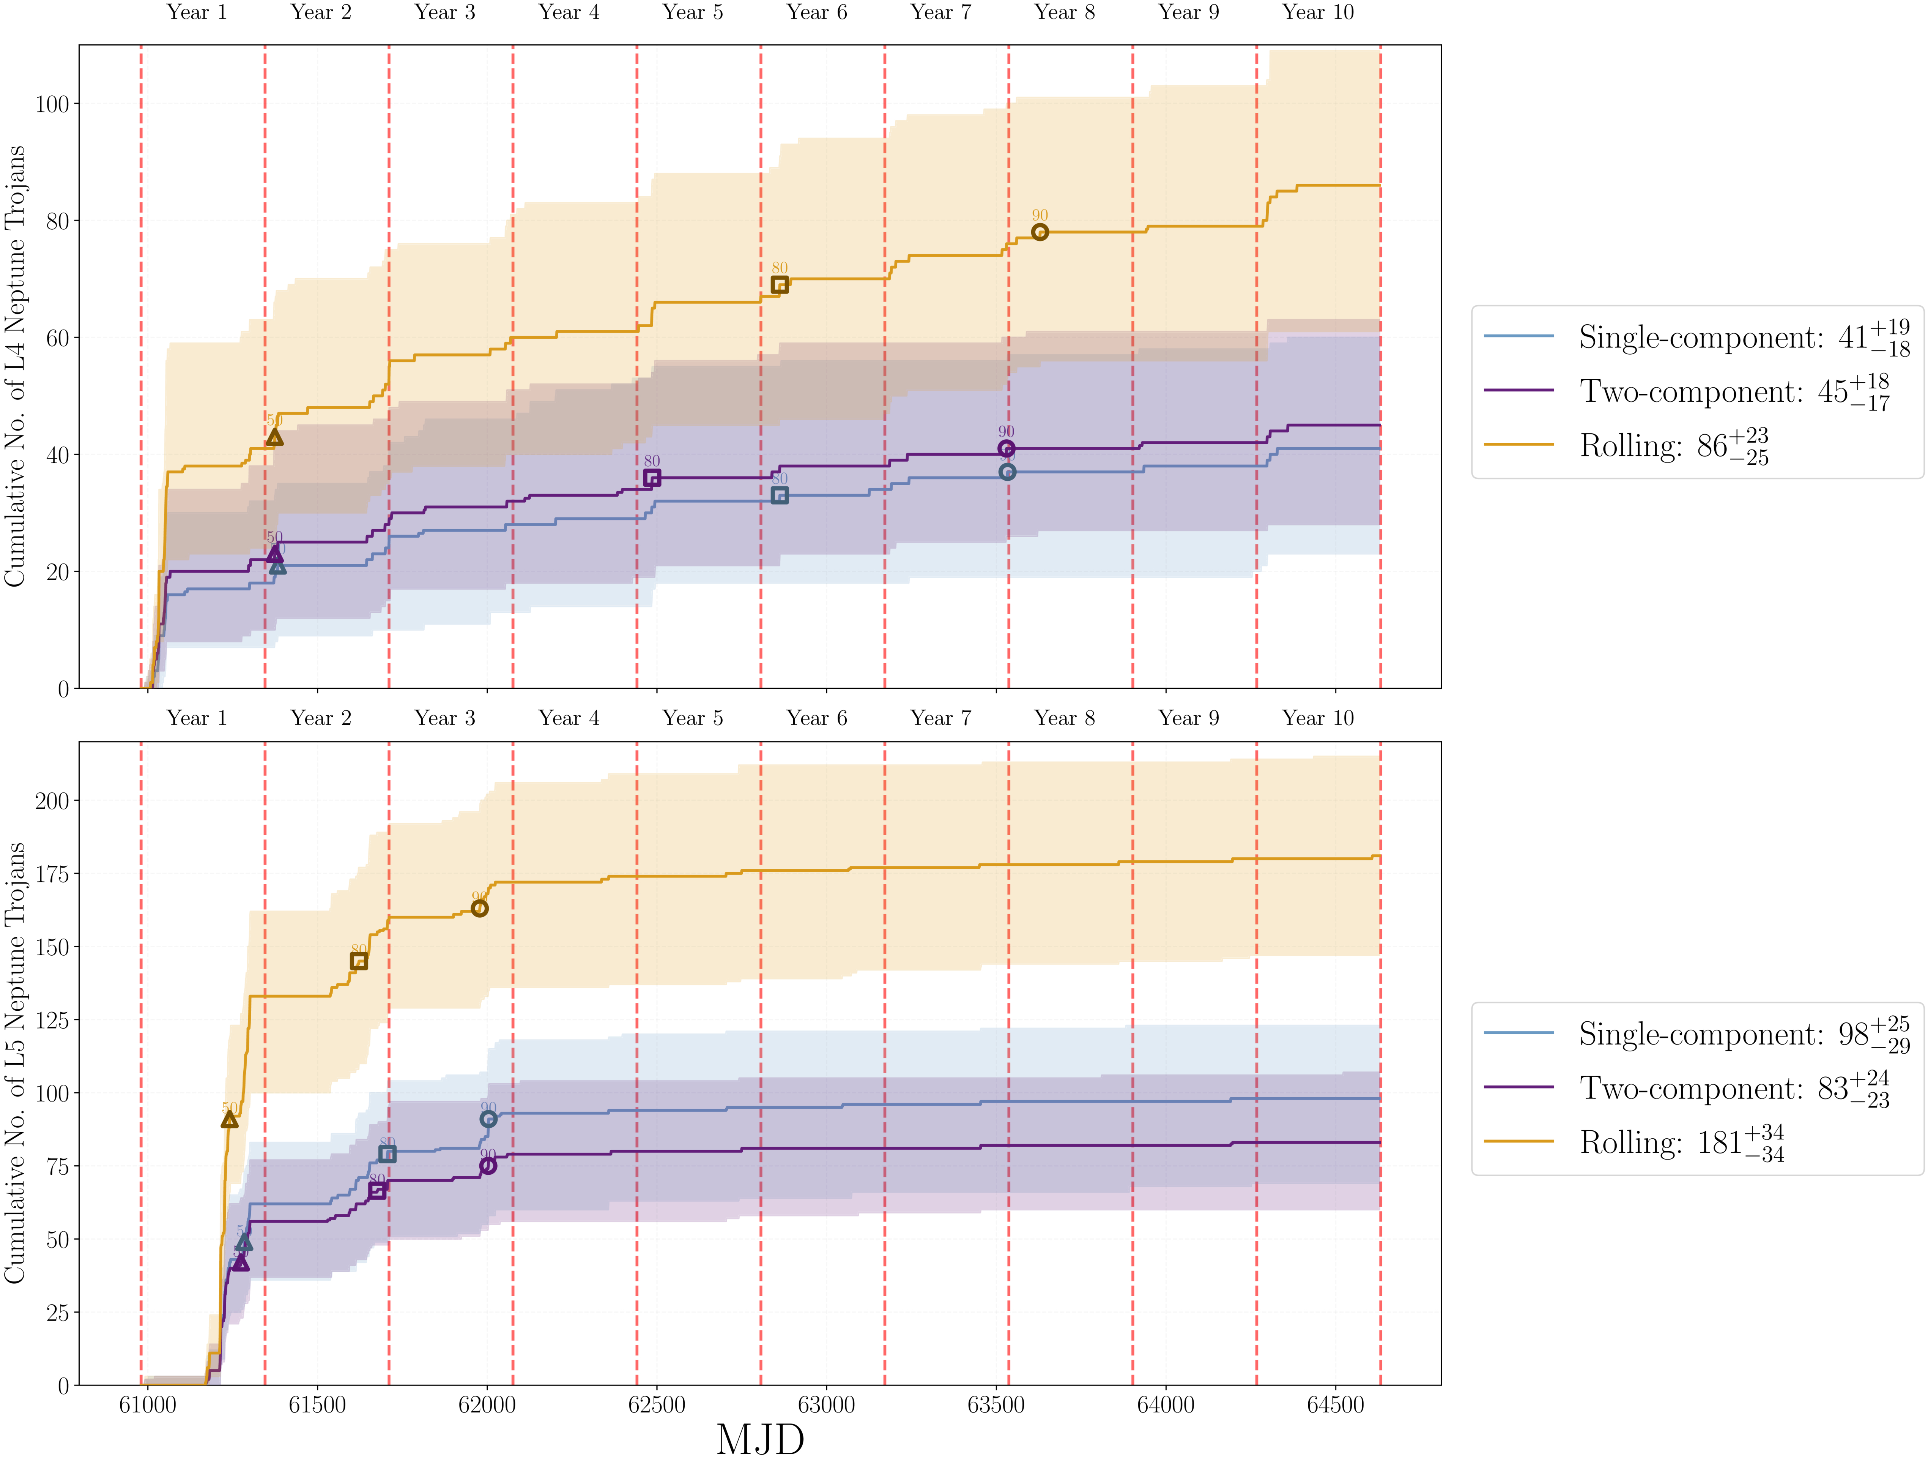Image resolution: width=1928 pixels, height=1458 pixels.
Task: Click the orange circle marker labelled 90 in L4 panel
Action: tap(1040, 232)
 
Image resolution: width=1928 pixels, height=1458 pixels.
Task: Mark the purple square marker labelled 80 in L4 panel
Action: tap(652, 478)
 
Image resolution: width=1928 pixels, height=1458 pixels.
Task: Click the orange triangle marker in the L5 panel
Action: tap(229, 1119)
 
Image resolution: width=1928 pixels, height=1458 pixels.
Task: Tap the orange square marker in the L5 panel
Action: tap(358, 961)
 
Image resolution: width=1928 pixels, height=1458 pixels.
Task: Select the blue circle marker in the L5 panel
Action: tap(488, 1119)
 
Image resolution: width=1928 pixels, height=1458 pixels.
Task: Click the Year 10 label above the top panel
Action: tap(1318, 12)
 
